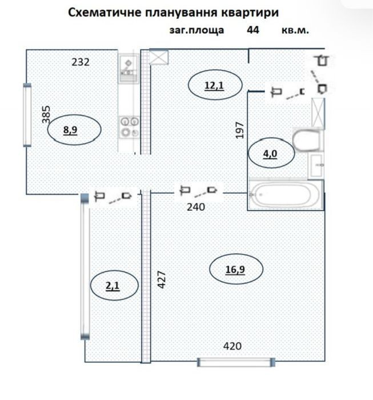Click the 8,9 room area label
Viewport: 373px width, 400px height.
pyautogui.click(x=70, y=130)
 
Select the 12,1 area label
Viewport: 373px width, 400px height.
pyautogui.click(x=214, y=86)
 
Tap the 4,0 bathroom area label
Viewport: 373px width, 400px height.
pyautogui.click(x=270, y=154)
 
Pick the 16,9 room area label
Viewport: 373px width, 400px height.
pyautogui.click(x=235, y=270)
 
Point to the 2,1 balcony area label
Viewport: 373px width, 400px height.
pyautogui.click(x=113, y=286)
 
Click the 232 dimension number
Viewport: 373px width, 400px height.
pyautogui.click(x=81, y=62)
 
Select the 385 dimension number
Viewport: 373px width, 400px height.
pyautogui.click(x=46, y=114)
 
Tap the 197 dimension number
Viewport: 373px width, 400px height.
pyautogui.click(x=240, y=130)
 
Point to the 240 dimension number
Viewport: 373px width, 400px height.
pyautogui.click(x=196, y=207)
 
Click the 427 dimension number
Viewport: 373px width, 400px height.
pyautogui.click(x=162, y=279)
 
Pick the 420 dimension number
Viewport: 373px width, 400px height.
pyautogui.click(x=232, y=346)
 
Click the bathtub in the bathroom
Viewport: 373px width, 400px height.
pyautogui.click(x=283, y=194)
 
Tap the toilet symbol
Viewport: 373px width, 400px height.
pyautogui.click(x=307, y=140)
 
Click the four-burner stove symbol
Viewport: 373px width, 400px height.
pyautogui.click(x=130, y=127)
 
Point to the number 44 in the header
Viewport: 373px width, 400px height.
pyautogui.click(x=253, y=30)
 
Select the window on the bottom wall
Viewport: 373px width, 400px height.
pyautogui.click(x=236, y=362)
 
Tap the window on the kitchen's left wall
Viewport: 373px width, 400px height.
pyautogui.click(x=27, y=115)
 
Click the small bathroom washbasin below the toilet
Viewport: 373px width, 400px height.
pyautogui.click(x=316, y=166)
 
